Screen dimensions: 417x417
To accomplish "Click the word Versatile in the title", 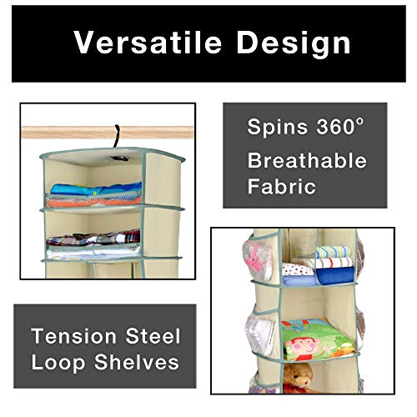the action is pyautogui.click(x=148, y=42).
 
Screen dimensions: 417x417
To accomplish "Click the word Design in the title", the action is pyautogui.click(x=294, y=44).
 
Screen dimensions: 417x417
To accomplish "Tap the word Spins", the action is pyautogui.click(x=277, y=128).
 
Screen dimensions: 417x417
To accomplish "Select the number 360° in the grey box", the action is pyautogui.click(x=339, y=126).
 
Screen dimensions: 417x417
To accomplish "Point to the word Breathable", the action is pyautogui.click(x=307, y=160).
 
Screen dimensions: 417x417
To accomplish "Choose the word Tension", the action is pyautogui.click(x=73, y=336).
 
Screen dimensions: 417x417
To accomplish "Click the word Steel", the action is pyautogui.click(x=153, y=336).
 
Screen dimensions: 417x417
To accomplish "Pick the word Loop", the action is pyautogui.click(x=58, y=363).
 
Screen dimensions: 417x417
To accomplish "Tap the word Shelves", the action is pyautogui.click(x=137, y=362).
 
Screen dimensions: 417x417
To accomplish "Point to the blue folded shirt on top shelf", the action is pyautogui.click(x=96, y=189).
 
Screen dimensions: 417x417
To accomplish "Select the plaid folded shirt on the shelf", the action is pyautogui.click(x=93, y=239).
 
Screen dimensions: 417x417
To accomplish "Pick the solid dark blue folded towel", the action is pyautogui.click(x=334, y=276).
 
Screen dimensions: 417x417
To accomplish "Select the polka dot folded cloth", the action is pyautogui.click(x=298, y=269).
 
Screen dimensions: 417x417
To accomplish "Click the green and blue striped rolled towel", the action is pyautogui.click(x=333, y=252).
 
